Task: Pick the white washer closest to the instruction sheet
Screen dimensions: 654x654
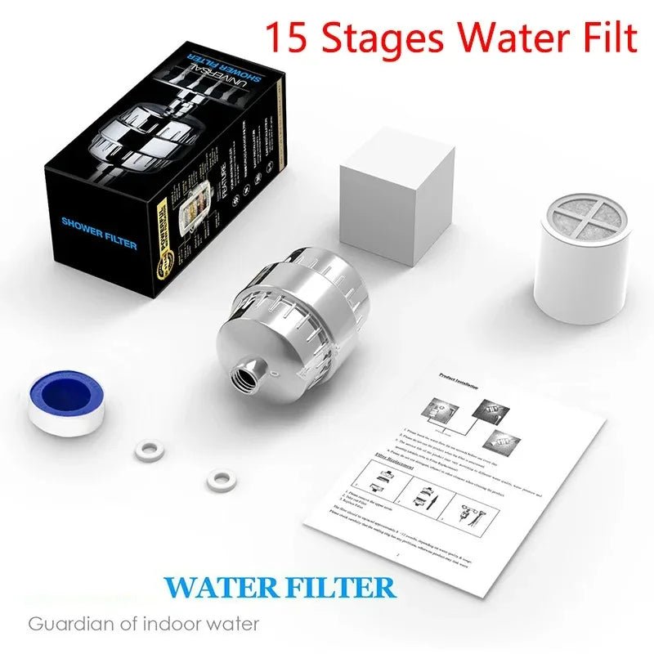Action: click(x=217, y=480)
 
